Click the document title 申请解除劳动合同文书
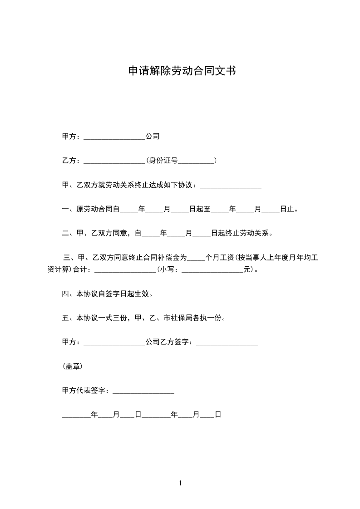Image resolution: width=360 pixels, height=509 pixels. click(181, 71)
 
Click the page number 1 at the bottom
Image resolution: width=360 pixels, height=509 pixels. click(180, 483)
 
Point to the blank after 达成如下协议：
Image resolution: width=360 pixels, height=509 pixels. click(230, 186)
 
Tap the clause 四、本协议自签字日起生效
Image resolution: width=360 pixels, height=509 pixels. click(107, 294)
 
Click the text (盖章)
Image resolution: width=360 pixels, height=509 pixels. click(72, 367)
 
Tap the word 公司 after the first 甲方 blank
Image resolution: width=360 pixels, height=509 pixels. click(153, 137)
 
